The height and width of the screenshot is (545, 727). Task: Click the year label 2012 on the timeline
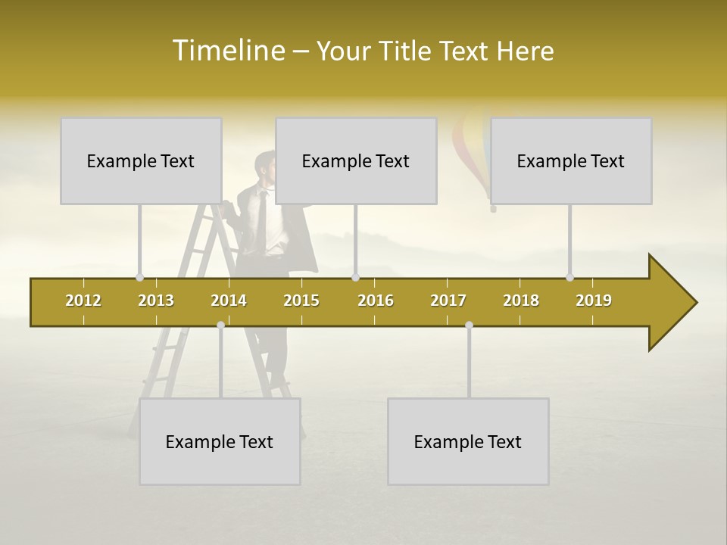click(83, 301)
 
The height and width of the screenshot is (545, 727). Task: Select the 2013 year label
click(156, 301)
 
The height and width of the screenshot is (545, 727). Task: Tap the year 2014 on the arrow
click(229, 301)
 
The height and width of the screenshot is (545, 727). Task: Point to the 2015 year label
click(301, 301)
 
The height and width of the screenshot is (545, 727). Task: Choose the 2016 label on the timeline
click(376, 301)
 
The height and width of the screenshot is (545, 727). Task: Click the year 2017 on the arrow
click(448, 301)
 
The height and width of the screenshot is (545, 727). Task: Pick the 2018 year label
click(521, 301)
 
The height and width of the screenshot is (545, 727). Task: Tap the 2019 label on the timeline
click(594, 301)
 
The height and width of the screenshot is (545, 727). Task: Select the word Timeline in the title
click(227, 51)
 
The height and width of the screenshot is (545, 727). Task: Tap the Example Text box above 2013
click(141, 160)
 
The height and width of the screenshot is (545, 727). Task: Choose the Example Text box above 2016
click(356, 160)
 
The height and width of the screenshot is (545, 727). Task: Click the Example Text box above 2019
click(571, 160)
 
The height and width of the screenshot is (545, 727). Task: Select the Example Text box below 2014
click(220, 441)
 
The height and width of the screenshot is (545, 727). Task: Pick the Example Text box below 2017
click(468, 441)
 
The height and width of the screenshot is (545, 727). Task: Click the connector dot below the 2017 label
click(469, 325)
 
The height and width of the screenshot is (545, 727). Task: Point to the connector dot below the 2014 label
click(220, 325)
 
